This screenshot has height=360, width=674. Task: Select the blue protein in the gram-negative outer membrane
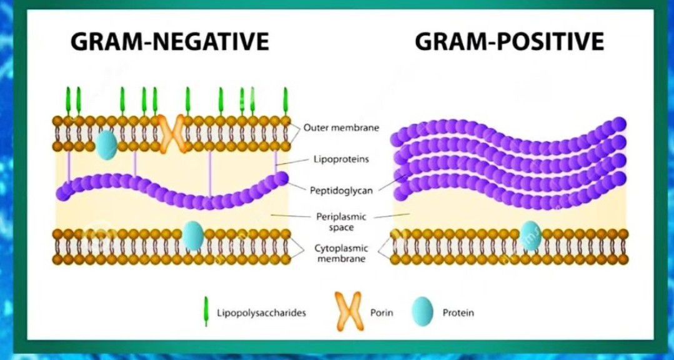(106, 144)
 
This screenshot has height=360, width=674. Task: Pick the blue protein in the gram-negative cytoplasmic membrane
(193, 236)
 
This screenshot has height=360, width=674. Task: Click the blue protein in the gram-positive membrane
(531, 236)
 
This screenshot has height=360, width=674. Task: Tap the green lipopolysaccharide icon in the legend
(204, 311)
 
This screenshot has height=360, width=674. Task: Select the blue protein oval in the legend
(423, 311)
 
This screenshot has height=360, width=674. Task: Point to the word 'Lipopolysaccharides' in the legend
(261, 312)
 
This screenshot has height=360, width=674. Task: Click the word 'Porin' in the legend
(382, 312)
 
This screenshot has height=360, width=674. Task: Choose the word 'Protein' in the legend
(458, 312)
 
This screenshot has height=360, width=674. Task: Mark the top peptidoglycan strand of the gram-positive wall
(506, 134)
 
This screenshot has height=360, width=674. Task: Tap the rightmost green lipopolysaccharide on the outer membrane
(286, 101)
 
